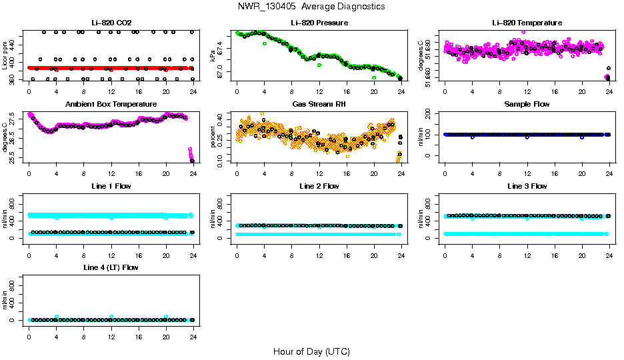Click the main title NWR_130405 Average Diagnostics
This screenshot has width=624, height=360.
tap(311, 7)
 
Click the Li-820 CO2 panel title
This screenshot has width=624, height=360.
tap(111, 23)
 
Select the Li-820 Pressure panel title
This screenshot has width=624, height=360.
tap(319, 23)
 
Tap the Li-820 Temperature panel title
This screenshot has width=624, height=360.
tap(527, 23)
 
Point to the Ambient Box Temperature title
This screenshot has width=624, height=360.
tap(111, 105)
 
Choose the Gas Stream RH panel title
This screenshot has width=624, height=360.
tap(319, 105)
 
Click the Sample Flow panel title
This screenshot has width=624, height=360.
tap(527, 105)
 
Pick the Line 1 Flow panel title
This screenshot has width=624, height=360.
tap(111, 186)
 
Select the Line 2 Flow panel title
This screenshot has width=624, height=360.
tap(319, 186)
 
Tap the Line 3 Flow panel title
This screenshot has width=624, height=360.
tap(527, 186)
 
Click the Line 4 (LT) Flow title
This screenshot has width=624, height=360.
tap(111, 267)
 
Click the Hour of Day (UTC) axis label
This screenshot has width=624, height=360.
tap(311, 351)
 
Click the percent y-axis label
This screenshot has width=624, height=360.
tap(213, 137)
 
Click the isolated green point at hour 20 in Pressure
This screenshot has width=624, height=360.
tap(374, 77)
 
